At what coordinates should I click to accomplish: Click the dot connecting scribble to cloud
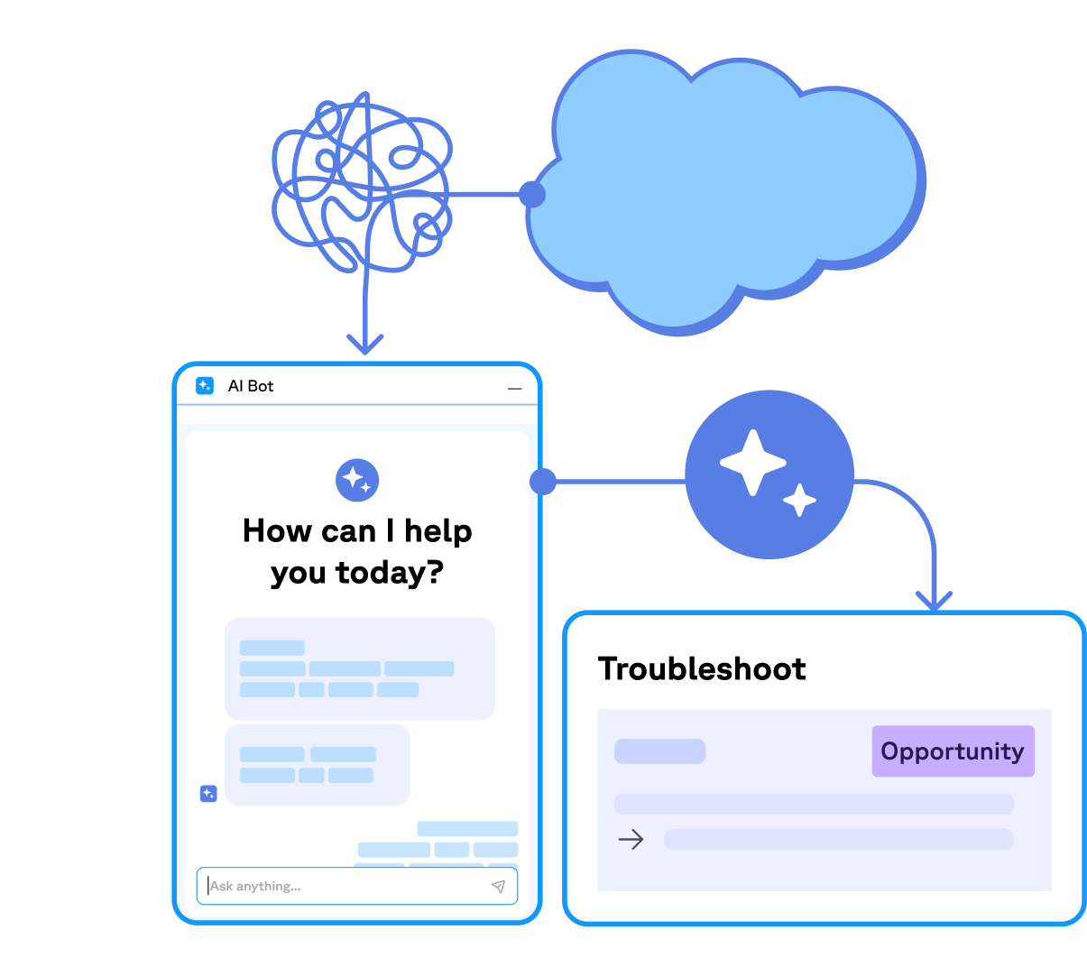point(532,194)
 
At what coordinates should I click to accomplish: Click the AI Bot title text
point(251,386)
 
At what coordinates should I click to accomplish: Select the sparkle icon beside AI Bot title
point(205,386)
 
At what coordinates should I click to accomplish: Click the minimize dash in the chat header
point(514,389)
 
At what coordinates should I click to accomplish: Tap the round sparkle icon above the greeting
point(357,480)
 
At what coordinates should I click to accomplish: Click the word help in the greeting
point(438,531)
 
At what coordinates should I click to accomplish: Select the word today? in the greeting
point(390,573)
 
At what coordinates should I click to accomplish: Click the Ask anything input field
point(343,886)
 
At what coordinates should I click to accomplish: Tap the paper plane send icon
point(498,886)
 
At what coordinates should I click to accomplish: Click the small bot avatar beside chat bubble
point(208,794)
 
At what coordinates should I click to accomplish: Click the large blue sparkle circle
point(769,474)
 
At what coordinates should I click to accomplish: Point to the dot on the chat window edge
point(543,482)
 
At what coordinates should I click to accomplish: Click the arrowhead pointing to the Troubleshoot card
point(934,600)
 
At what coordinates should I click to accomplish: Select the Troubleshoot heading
point(702,668)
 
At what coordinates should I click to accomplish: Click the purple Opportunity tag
point(953,751)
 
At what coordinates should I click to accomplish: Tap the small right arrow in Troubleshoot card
point(631,840)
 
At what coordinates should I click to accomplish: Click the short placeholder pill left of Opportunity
point(659,751)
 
